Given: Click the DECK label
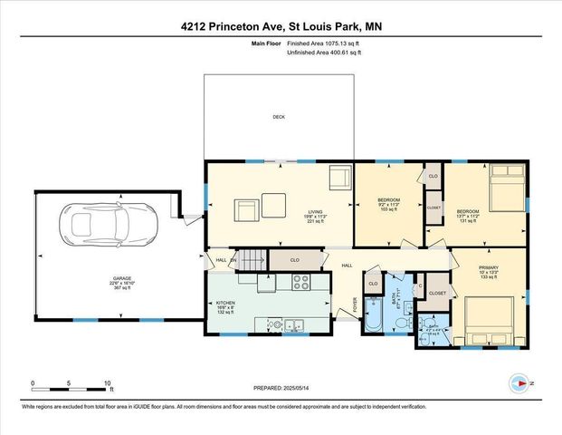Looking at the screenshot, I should [x=279, y=117].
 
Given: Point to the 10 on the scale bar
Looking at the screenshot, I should [x=109, y=382].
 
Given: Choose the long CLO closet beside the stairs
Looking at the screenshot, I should [x=296, y=260].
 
